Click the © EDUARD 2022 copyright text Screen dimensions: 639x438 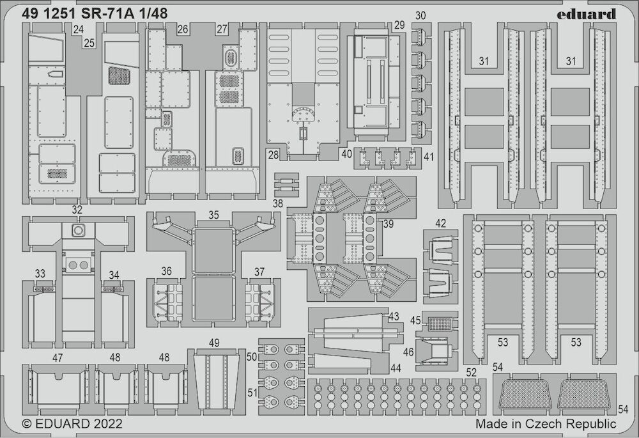pos(72,423)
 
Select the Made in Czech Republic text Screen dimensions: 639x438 pos(546,423)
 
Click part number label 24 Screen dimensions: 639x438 pos(79,30)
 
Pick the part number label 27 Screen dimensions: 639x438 pos(222,29)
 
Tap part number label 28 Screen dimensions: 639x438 pos(273,155)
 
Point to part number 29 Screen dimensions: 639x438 pos(399,25)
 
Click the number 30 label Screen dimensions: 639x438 pos(420,16)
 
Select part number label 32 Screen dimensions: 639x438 pos(77,210)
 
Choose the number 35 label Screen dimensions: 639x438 pos(213,215)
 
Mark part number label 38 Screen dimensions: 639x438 pos(277,203)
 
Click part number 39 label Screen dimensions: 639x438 pos(389,224)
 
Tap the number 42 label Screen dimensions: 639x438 pos(440,224)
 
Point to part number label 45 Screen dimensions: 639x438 pos(415,320)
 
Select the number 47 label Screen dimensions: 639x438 pos(58,357)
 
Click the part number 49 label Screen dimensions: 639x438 pos(214,343)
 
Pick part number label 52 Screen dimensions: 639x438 pos(471,372)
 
